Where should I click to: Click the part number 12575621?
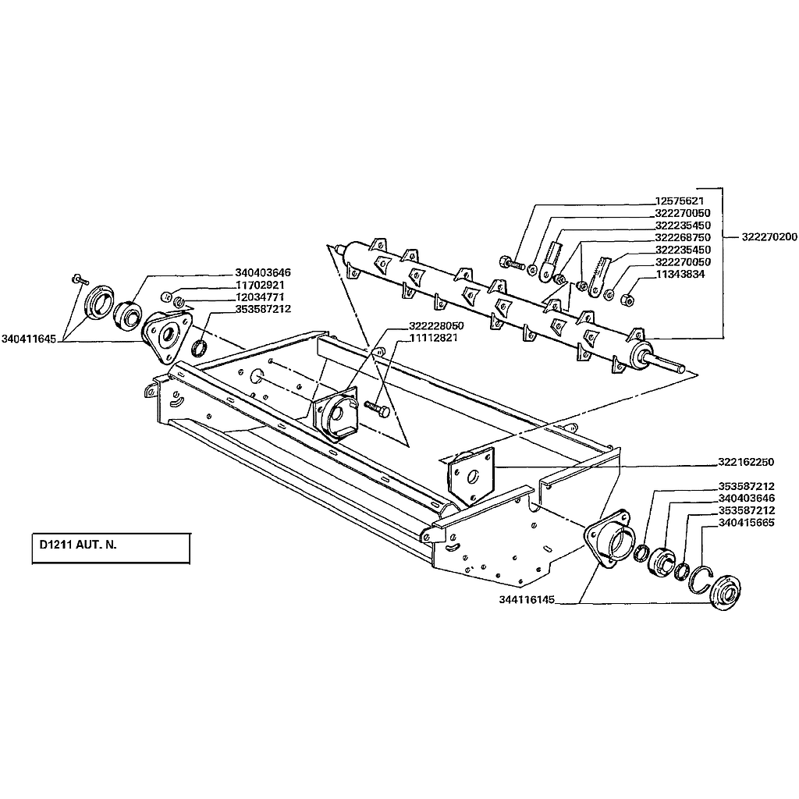click(x=680, y=201)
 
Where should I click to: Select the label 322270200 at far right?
click(x=769, y=237)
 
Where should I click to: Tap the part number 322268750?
click(x=683, y=237)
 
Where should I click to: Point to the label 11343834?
click(x=680, y=274)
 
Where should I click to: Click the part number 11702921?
click(x=260, y=285)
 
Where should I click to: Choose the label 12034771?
click(x=260, y=297)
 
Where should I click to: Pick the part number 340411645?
click(x=29, y=339)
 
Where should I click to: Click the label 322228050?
click(x=437, y=325)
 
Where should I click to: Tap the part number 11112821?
click(x=434, y=338)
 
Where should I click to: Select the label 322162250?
click(x=746, y=462)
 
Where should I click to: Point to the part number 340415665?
click(x=747, y=523)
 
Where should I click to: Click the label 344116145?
click(x=527, y=600)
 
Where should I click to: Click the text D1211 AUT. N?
click(x=79, y=544)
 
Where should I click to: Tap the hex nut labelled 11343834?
click(x=628, y=299)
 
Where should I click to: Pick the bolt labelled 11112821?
click(x=377, y=407)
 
